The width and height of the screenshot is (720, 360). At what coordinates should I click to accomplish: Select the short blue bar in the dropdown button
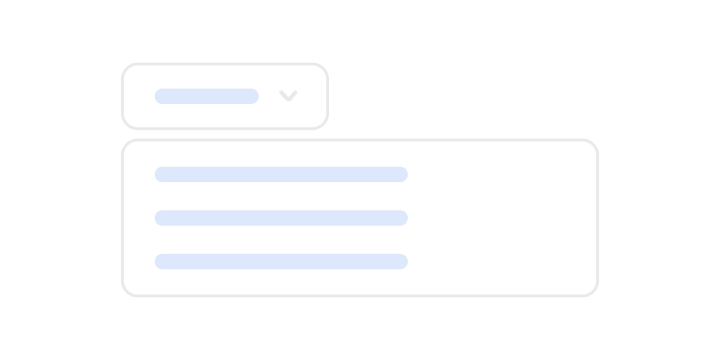206,96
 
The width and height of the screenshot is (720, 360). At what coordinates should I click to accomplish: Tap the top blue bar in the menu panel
281,173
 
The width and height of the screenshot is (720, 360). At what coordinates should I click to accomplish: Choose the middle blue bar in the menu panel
281,217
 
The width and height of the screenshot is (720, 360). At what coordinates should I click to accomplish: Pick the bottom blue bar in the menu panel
281,262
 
